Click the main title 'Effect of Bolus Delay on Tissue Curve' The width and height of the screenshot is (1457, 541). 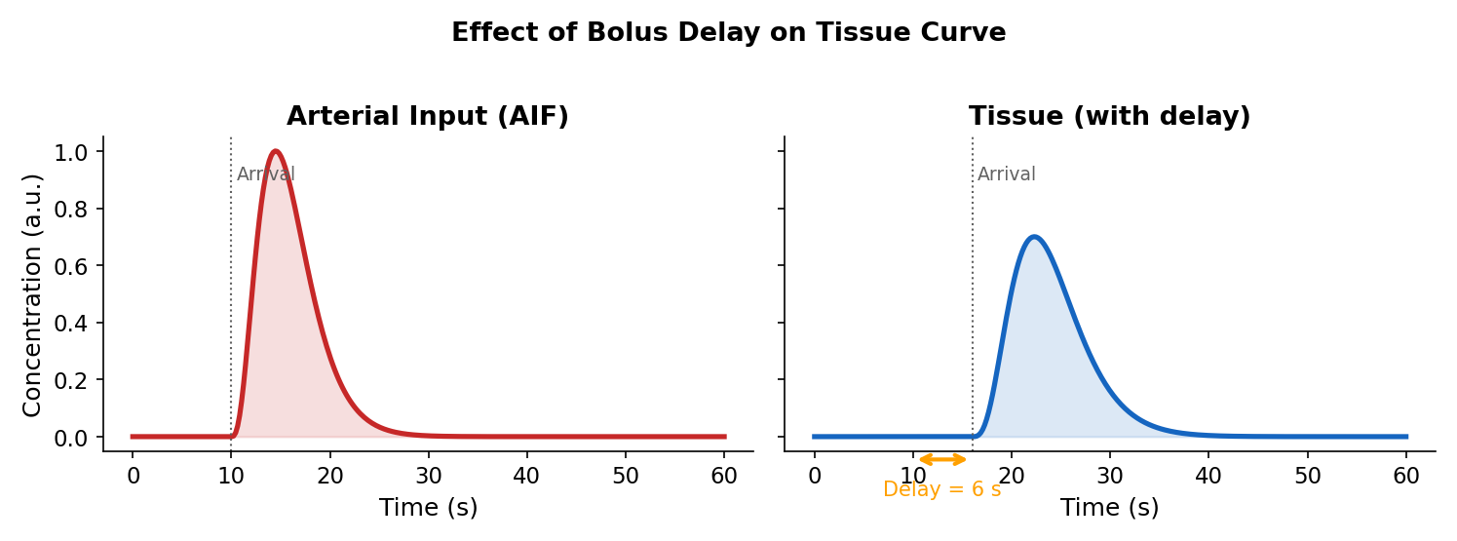point(728,33)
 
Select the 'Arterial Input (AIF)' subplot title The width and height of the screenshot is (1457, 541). point(427,117)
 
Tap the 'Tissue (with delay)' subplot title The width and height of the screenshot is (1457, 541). point(1109,117)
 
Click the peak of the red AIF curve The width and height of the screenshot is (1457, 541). point(276,151)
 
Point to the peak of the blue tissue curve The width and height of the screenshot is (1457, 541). point(1033,237)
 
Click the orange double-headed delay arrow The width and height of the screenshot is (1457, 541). point(942,459)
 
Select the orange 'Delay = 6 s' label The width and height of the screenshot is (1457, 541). point(941,489)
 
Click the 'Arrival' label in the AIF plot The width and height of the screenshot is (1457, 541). point(265,174)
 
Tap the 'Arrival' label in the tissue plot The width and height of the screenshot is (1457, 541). point(1006,174)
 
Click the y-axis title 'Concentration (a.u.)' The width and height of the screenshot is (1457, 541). point(32,294)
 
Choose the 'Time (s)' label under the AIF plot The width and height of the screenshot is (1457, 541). point(428,508)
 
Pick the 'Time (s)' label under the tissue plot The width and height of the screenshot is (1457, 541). point(1109,508)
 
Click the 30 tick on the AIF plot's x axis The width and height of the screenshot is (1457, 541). point(429,476)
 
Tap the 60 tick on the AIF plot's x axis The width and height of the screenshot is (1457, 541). point(724,476)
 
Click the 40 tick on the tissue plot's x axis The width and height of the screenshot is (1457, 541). point(1208,476)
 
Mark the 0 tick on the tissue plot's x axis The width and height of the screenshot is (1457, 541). point(814,476)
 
